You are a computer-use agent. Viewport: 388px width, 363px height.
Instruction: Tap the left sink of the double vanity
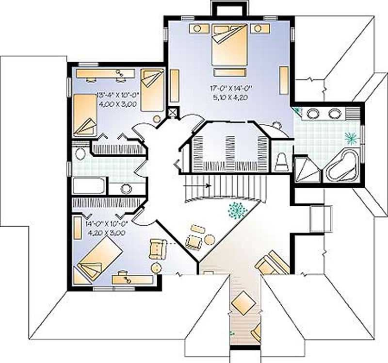pyautogui.click(x=312, y=114)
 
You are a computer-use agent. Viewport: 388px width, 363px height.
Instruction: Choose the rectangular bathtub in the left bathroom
pyautogui.click(x=89, y=186)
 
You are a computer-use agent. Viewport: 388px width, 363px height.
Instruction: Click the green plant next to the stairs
pyautogui.click(x=237, y=209)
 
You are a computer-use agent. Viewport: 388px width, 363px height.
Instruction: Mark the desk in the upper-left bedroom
pyautogui.click(x=105, y=73)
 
